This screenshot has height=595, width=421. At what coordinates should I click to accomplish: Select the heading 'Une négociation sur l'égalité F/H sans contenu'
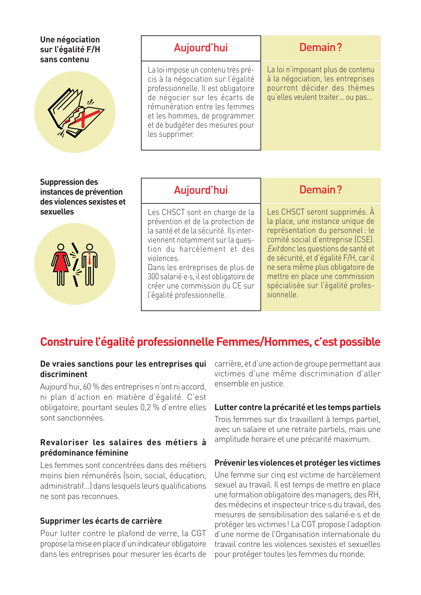(70, 50)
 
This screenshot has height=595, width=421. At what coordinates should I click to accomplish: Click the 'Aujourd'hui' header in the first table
(201, 48)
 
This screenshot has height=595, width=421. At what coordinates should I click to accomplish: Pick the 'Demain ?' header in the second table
(320, 190)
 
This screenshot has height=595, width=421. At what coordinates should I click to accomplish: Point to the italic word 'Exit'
(273, 249)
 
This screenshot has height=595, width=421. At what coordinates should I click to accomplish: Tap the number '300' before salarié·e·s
(153, 277)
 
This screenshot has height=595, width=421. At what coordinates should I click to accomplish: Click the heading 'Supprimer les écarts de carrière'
(101, 521)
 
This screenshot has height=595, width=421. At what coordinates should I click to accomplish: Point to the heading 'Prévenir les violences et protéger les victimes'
(297, 463)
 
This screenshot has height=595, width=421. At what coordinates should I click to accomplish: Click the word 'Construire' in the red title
(66, 342)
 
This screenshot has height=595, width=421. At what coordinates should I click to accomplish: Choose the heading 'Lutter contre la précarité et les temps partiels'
(297, 407)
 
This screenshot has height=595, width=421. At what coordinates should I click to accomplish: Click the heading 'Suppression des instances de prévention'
(81, 187)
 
